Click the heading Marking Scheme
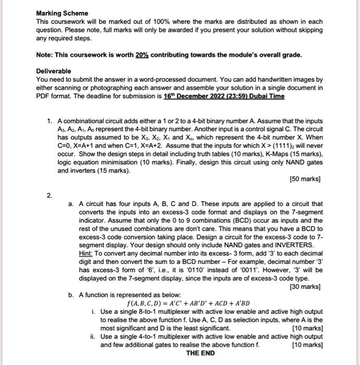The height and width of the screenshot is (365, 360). click(62, 13)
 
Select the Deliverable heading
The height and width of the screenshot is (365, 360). click(54, 71)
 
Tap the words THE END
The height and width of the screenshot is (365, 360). click(200, 353)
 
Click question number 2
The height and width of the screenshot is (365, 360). click(48, 196)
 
